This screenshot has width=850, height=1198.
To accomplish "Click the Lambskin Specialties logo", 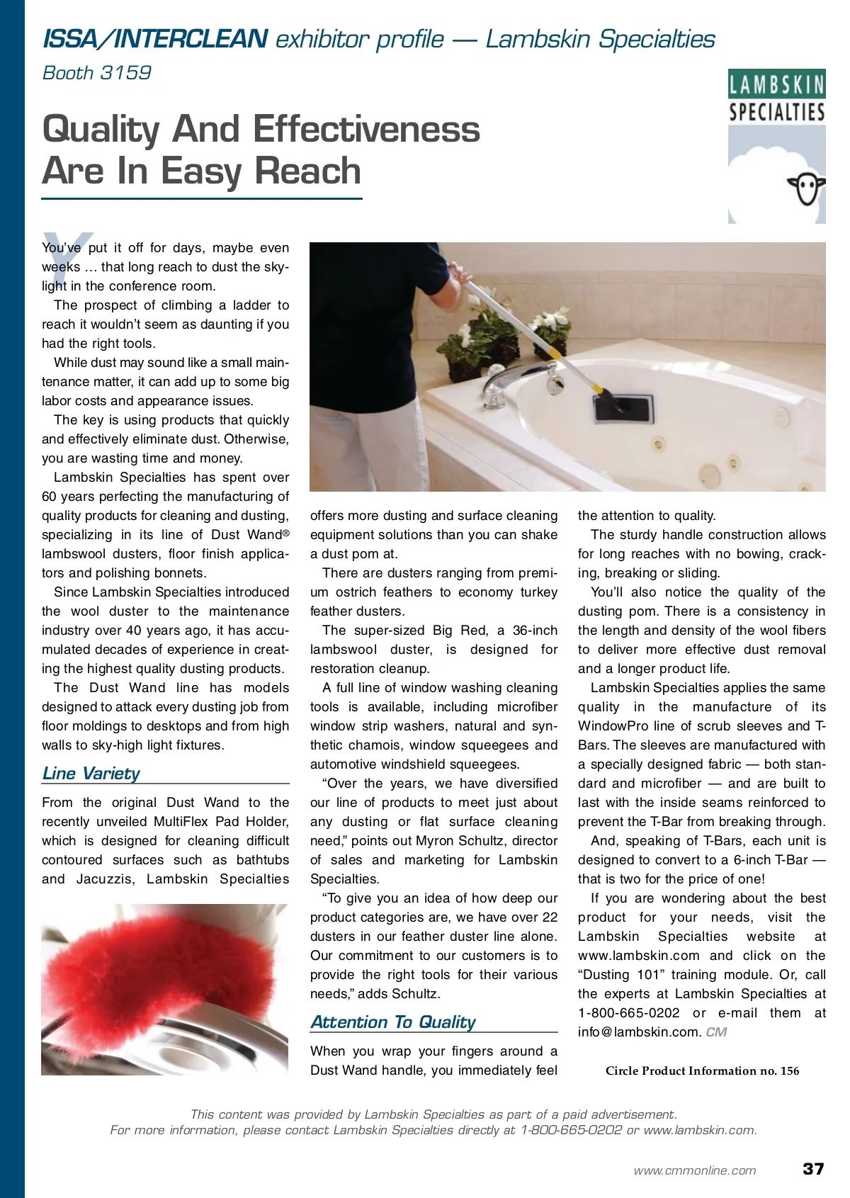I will [776, 146].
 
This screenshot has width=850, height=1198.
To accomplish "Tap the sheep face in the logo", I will [807, 188].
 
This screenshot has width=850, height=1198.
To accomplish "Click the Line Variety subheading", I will [91, 773].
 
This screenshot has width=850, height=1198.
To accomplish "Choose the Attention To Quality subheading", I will [393, 1022].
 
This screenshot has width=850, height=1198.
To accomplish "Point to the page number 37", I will [813, 1169].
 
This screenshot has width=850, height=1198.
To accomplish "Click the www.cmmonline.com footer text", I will [694, 1170].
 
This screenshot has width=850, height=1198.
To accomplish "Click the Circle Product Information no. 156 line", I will [702, 1070].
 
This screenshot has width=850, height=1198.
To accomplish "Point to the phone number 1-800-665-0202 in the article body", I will [628, 1013].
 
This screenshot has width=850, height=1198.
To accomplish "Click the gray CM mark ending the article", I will [716, 1032].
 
